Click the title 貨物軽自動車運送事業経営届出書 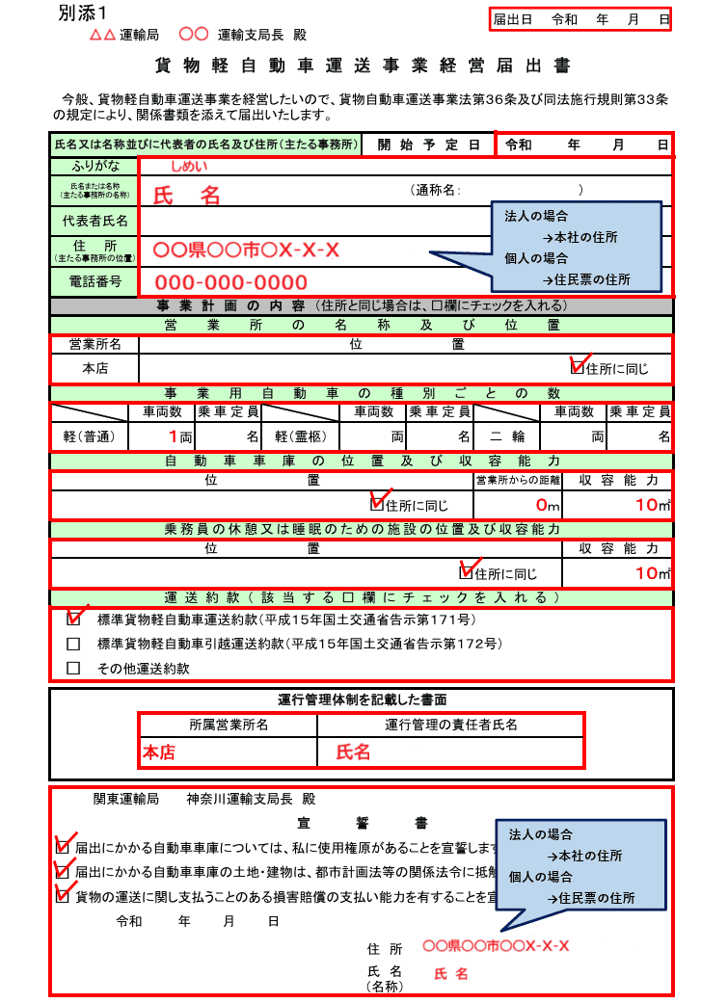point(364,66)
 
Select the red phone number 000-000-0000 point(231,282)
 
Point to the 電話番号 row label point(94,281)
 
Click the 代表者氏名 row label point(94,221)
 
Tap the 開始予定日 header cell point(428,145)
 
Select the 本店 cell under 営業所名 point(94,368)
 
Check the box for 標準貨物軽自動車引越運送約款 point(73,644)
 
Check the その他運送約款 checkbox point(73,668)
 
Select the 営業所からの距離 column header point(517,480)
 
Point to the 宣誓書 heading point(363,824)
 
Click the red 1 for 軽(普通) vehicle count point(173,436)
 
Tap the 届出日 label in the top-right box point(512,18)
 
